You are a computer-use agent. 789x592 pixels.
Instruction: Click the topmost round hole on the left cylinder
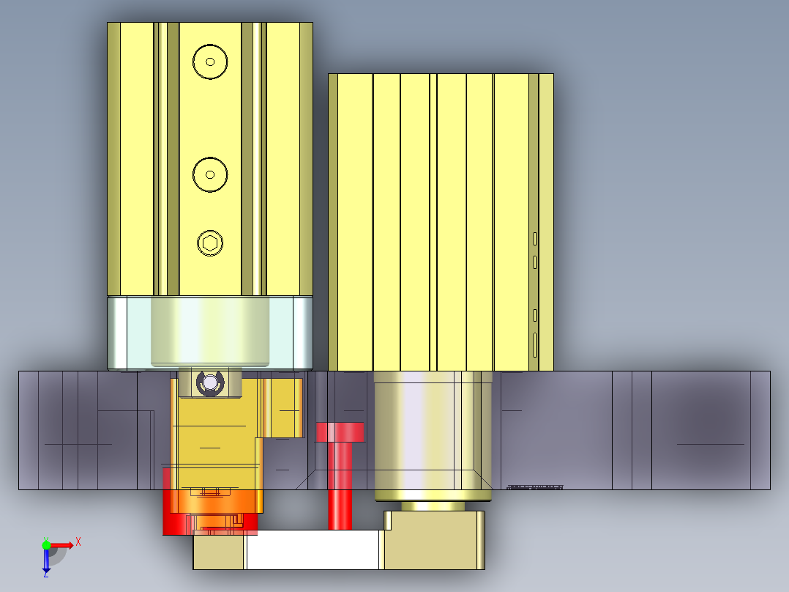pyautogui.click(x=210, y=62)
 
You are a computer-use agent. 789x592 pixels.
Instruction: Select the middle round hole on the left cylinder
pyautogui.click(x=210, y=174)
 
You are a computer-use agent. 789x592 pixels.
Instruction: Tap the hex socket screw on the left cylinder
pyautogui.click(x=210, y=243)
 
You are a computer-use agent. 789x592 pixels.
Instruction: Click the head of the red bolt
pyautogui.click(x=340, y=432)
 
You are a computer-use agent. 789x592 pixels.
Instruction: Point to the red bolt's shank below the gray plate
pyautogui.click(x=340, y=508)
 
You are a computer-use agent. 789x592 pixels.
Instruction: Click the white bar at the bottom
pyautogui.click(x=313, y=550)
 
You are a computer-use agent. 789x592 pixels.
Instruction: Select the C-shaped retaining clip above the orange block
pyautogui.click(x=210, y=382)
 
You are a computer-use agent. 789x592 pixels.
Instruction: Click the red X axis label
pyautogui.click(x=78, y=541)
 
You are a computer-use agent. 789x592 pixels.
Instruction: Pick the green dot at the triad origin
pyautogui.click(x=46, y=544)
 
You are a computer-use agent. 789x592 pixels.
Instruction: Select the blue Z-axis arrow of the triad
pyautogui.click(x=46, y=560)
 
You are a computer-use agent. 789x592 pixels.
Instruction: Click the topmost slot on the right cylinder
pyautogui.click(x=535, y=238)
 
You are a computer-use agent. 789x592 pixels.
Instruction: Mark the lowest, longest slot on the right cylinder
pyautogui.click(x=535, y=344)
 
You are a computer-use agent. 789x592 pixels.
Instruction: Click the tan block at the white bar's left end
pyautogui.click(x=218, y=552)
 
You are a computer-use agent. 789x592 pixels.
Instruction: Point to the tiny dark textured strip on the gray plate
pyautogui.click(x=536, y=487)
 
